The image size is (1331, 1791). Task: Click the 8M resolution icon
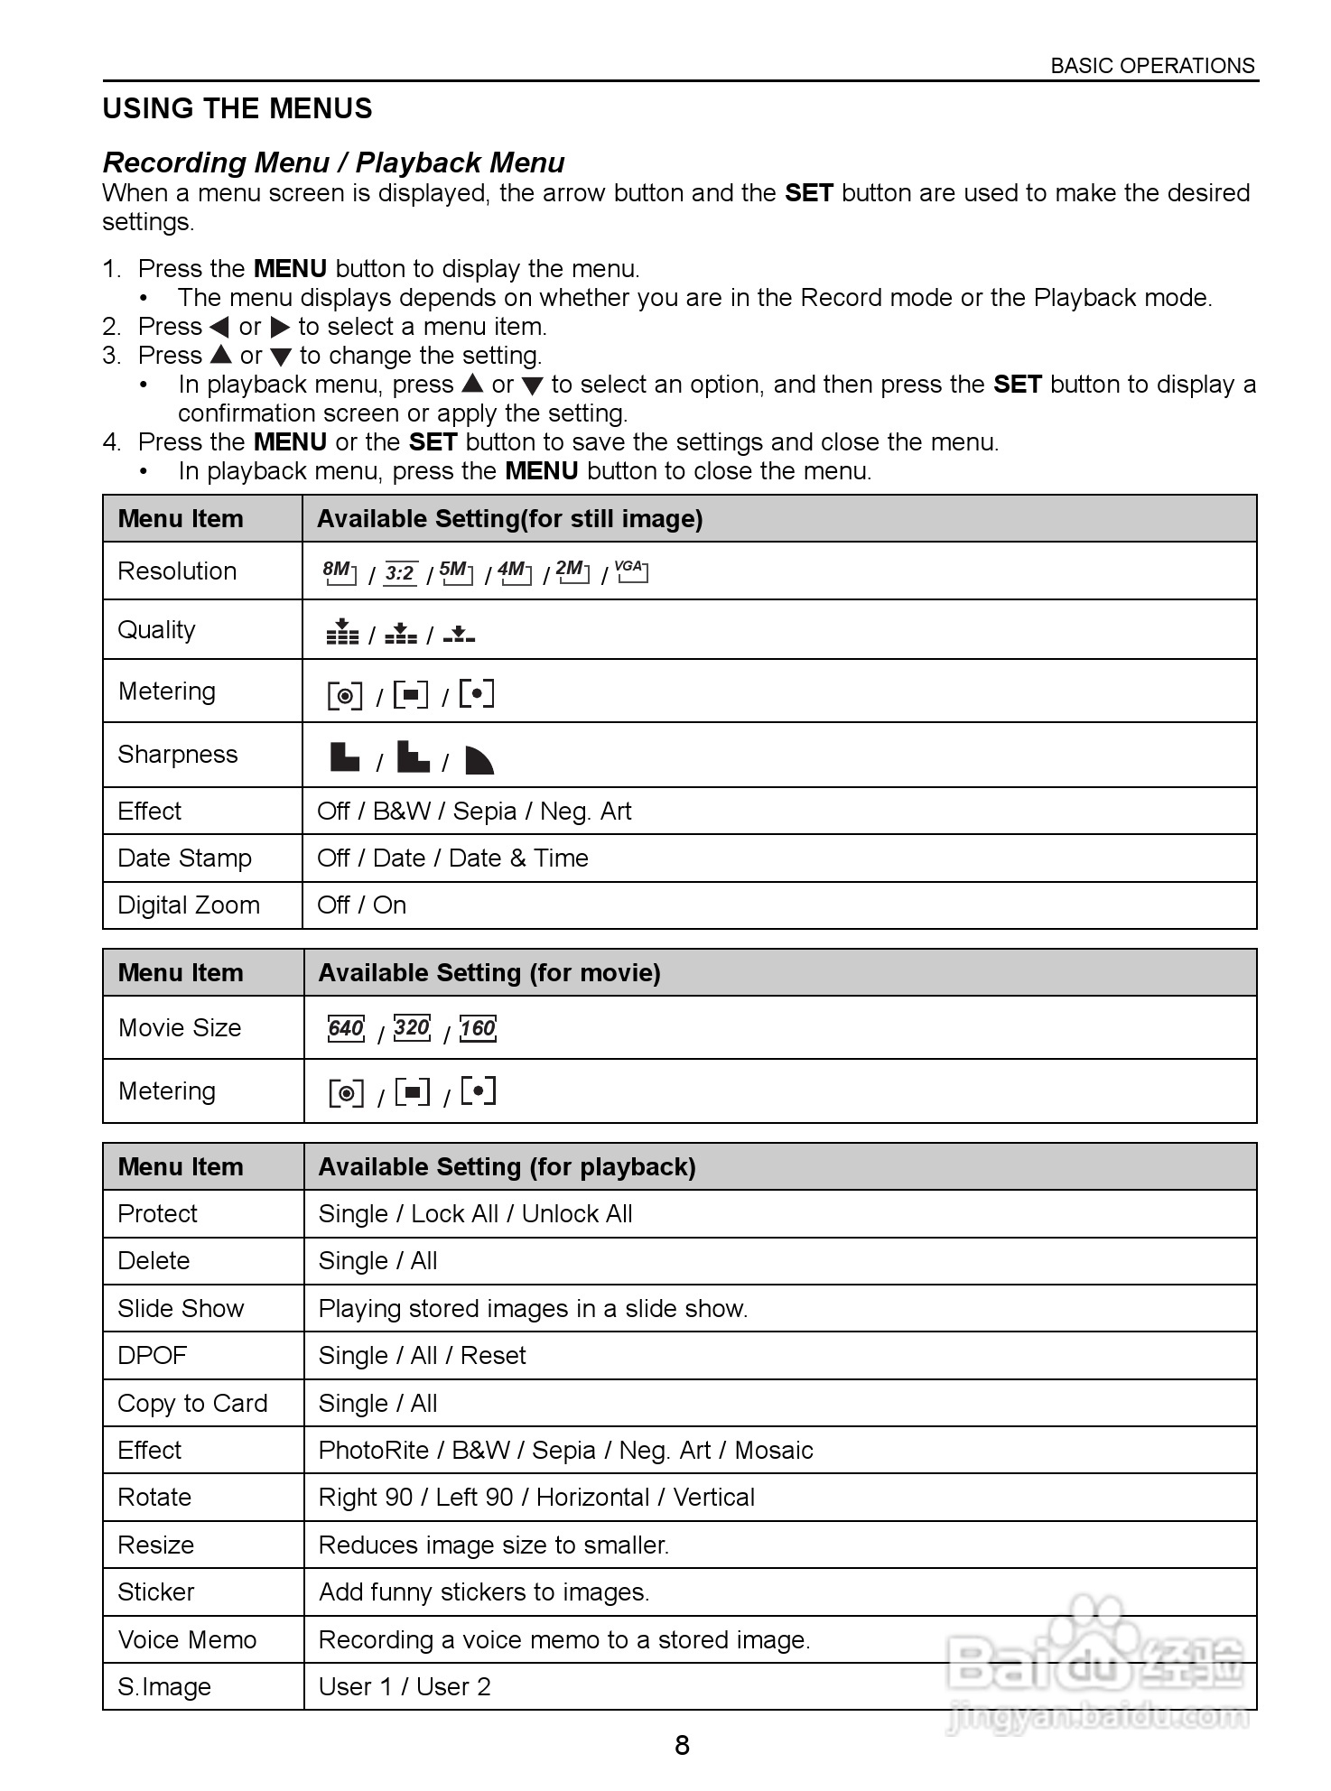pos(340,572)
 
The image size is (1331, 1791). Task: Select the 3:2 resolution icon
pos(399,573)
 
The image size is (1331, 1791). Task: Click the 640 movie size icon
pos(346,1028)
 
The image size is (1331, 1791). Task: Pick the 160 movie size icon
pos(478,1028)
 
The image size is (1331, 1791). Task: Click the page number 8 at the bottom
pos(682,1745)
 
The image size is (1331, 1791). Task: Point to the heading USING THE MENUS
pos(237,109)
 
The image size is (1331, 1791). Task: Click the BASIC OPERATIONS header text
pos(1152,66)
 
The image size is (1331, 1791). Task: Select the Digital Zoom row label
pos(189,905)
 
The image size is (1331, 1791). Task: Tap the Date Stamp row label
pos(184,858)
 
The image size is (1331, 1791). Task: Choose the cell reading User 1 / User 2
pos(405,1687)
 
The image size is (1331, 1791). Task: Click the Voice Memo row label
pos(187,1640)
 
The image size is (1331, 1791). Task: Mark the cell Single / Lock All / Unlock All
pos(475,1214)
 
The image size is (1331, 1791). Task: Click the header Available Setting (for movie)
pos(489,973)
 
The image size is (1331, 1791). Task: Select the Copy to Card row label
pos(192,1404)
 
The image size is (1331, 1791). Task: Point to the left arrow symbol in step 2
pos(219,328)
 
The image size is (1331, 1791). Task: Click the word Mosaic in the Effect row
pos(773,1451)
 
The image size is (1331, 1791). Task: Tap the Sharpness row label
pos(178,755)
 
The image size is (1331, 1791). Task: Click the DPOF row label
pos(152,1356)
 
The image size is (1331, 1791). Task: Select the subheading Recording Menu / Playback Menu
pos(333,162)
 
